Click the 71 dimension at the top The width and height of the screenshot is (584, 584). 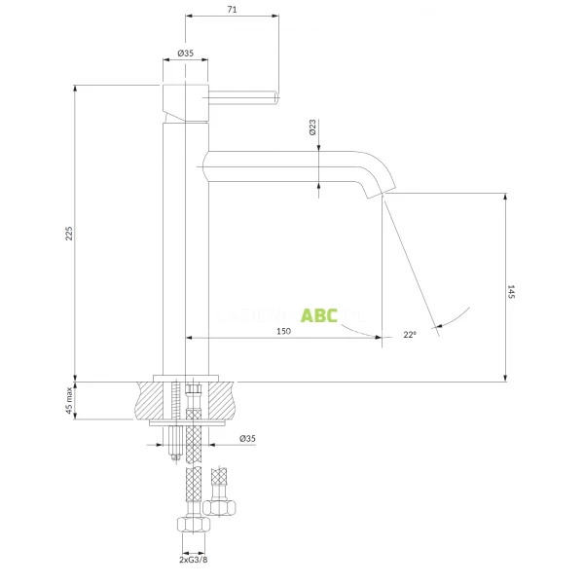pyautogui.click(x=232, y=9)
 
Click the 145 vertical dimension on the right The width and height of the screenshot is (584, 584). pyautogui.click(x=511, y=292)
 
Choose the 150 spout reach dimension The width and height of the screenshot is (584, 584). pyautogui.click(x=283, y=332)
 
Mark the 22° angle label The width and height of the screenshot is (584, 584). pyautogui.click(x=410, y=335)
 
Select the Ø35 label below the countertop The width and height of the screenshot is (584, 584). pyautogui.click(x=247, y=440)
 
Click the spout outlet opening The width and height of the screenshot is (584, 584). pyautogui.click(x=376, y=195)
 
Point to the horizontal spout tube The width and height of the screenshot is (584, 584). pyautogui.click(x=282, y=165)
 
